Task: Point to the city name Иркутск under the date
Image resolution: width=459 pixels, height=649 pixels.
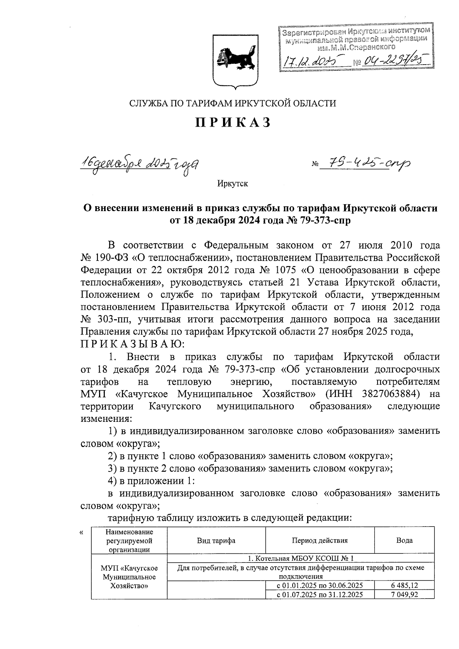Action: coord(233,184)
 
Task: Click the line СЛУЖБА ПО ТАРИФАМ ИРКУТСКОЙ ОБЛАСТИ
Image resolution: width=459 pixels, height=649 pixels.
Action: coord(233,103)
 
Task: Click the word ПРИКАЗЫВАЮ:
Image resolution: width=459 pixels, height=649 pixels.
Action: coord(132,344)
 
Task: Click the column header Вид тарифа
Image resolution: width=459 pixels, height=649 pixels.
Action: coord(216,540)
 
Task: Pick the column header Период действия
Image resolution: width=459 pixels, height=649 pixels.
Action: coord(320,540)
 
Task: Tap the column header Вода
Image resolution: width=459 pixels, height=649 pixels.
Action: coord(404,540)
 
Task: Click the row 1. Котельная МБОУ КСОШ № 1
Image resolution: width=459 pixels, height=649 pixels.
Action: coord(301,558)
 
